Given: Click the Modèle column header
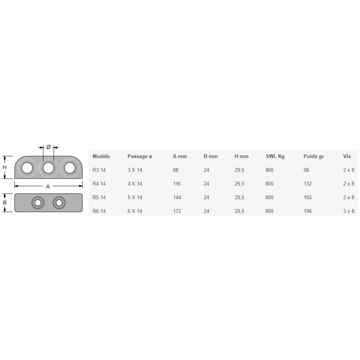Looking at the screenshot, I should click(101, 157).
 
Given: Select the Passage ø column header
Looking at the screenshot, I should click(139, 157).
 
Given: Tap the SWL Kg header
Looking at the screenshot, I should click(275, 157).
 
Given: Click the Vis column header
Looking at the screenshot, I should click(347, 157).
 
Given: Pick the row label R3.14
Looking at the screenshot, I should click(99, 170).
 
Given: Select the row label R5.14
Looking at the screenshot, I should click(99, 197).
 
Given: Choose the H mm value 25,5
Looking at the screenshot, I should click(239, 184).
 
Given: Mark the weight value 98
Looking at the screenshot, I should click(307, 170).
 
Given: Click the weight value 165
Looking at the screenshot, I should click(308, 197).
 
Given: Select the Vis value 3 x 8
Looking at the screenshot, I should click(349, 211).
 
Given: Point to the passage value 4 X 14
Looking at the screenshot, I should click(135, 184).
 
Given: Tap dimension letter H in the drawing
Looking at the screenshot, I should click(5, 166).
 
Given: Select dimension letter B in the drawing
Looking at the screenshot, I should click(5, 202).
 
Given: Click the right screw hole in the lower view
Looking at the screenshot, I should click(58, 203).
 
